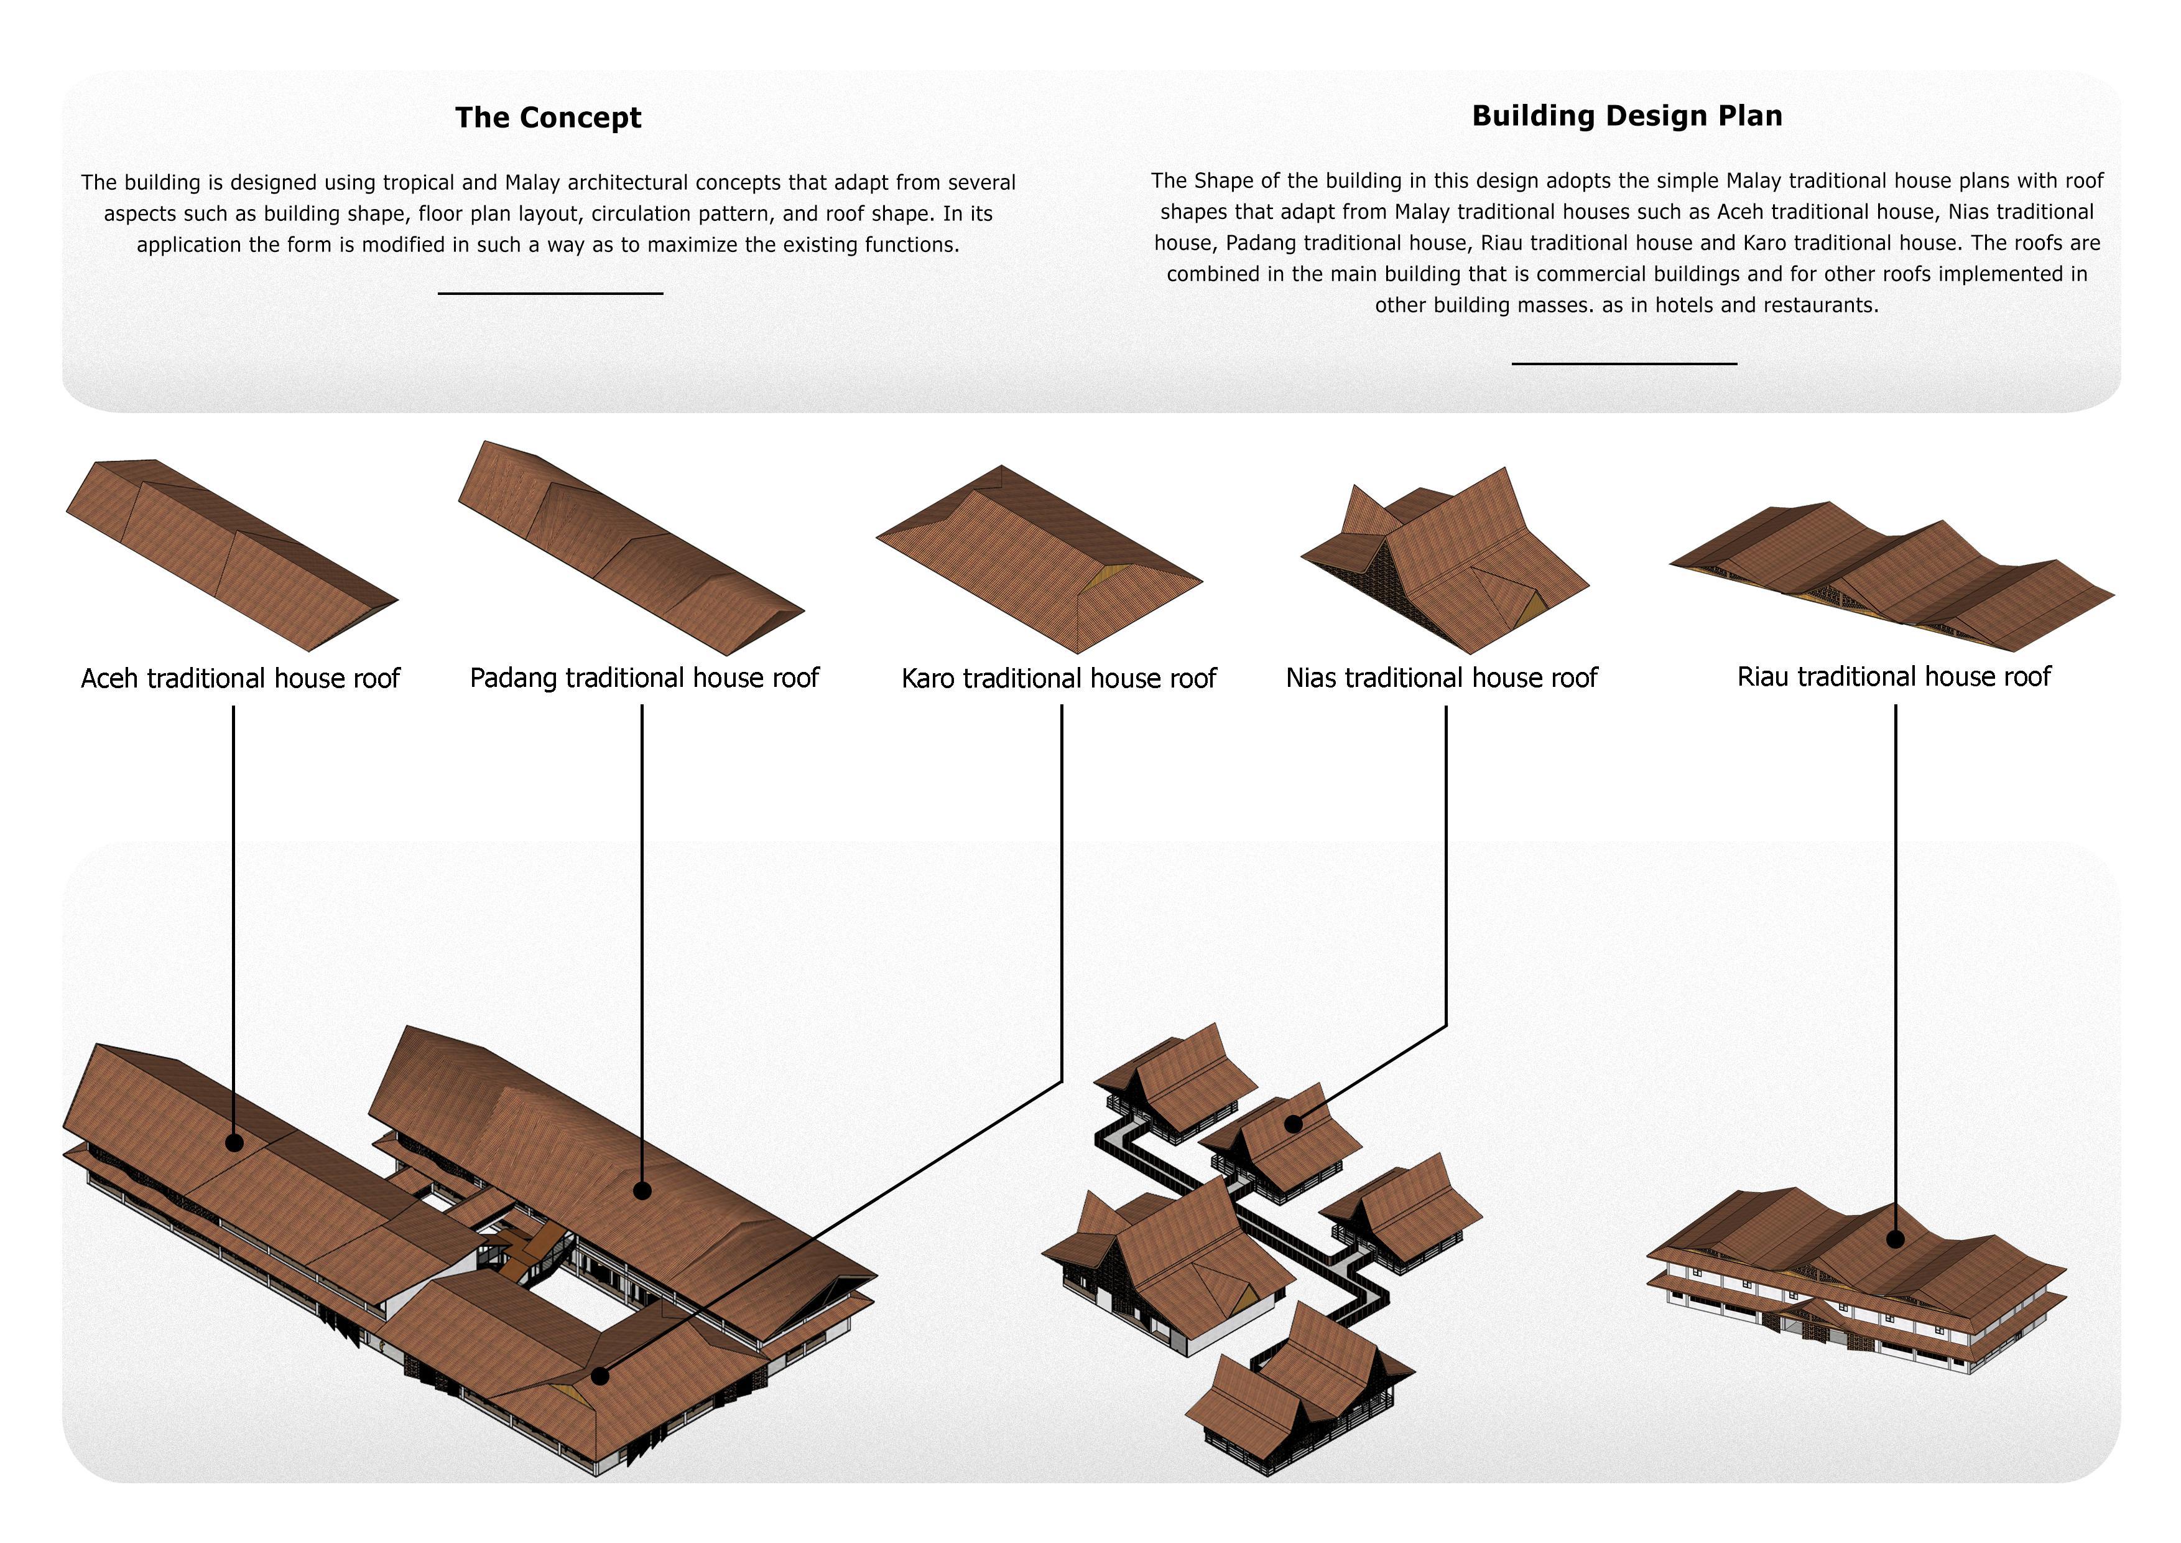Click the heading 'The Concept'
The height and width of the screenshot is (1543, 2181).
point(548,117)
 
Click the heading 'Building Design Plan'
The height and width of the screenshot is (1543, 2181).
point(1628,116)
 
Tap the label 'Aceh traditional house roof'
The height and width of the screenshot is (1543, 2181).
point(240,678)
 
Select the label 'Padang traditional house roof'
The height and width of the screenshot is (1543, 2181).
point(644,678)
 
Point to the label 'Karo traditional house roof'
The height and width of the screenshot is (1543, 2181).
point(1058,678)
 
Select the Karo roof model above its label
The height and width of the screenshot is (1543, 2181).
point(1039,559)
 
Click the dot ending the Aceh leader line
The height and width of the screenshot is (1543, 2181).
point(234,1143)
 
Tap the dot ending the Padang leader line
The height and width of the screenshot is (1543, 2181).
point(642,1190)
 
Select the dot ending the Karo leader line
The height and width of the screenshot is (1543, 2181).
point(600,1375)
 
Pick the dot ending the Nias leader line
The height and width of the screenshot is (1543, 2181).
point(1293,1125)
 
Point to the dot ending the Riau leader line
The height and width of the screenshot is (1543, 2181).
point(1895,1239)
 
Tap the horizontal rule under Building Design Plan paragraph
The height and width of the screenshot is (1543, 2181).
point(1624,363)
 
